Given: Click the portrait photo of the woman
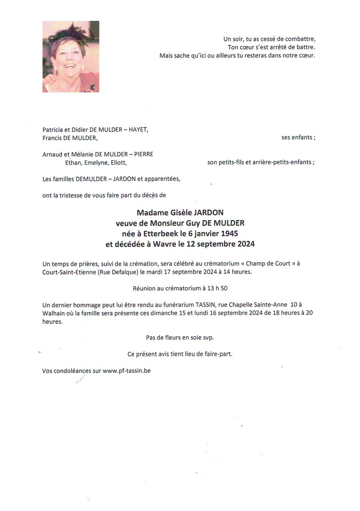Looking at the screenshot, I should pos(71,56).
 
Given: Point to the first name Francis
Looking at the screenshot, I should pos(52,138).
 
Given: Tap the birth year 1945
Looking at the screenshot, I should pos(229,234).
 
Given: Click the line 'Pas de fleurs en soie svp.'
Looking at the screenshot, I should pos(180,337).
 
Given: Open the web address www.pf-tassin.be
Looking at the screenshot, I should pos(127,370).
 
